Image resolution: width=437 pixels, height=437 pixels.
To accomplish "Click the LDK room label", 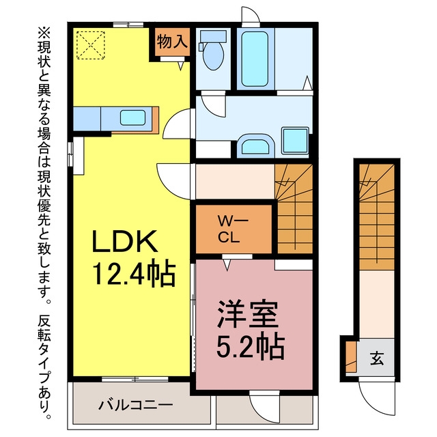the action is pyautogui.click(x=124, y=241).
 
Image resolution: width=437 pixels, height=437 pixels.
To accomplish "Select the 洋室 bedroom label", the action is pyautogui.click(x=248, y=314).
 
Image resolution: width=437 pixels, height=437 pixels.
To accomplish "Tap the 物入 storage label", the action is pyautogui.click(x=172, y=41).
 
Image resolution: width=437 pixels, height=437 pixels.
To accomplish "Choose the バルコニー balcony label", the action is pyautogui.click(x=135, y=405).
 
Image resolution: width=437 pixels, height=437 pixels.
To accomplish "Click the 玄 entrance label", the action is pyautogui.click(x=377, y=358).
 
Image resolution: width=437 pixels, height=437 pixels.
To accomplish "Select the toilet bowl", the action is pyautogui.click(x=213, y=56).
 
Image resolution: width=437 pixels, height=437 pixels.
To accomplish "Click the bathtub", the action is pyautogui.click(x=255, y=59).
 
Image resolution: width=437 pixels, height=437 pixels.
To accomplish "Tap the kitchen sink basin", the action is pyautogui.click(x=133, y=117).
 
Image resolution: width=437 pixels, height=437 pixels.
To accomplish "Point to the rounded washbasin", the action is pyautogui.click(x=255, y=145).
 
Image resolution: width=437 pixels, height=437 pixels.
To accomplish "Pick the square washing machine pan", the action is pyautogui.click(x=295, y=141).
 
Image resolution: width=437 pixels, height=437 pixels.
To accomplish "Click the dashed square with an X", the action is pyautogui.click(x=91, y=45).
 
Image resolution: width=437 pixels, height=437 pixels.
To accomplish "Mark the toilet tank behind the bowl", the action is pyautogui.click(x=213, y=36).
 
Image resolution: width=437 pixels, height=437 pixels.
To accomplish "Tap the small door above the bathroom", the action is pyautogui.click(x=251, y=16).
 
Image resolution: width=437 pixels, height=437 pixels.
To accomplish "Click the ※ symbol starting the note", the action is pyautogui.click(x=44, y=33).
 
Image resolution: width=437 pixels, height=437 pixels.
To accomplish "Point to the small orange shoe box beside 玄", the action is pyautogui.click(x=351, y=356).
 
